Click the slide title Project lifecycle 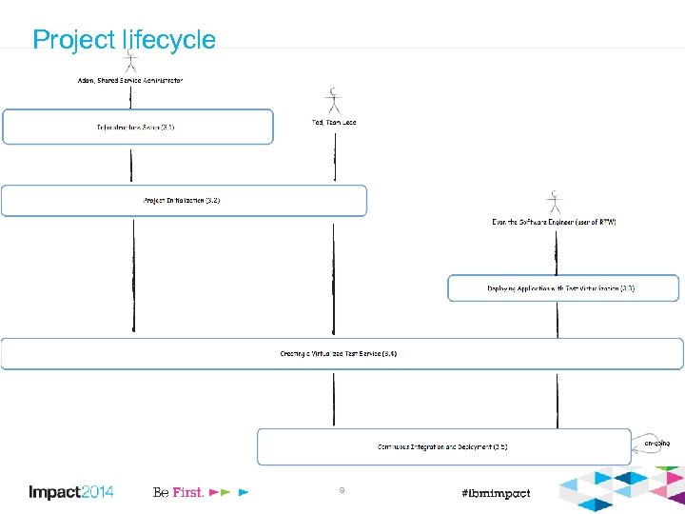point(124,40)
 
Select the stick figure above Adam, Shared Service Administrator point(131,62)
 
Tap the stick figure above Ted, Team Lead point(333,101)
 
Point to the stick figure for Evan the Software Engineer point(554,202)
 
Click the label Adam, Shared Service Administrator point(130,81)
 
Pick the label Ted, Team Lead point(334,122)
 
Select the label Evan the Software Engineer point(554,222)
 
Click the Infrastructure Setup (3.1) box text point(136,127)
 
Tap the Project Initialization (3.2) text point(182,201)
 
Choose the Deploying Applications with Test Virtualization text point(561,287)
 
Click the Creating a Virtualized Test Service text point(339,353)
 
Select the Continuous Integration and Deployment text point(442,446)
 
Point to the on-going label point(656,444)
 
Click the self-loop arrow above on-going point(640,434)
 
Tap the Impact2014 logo point(70,492)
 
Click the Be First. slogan point(178,492)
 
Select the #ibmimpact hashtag point(495,493)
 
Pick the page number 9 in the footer point(342,490)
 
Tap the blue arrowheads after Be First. point(229,493)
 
